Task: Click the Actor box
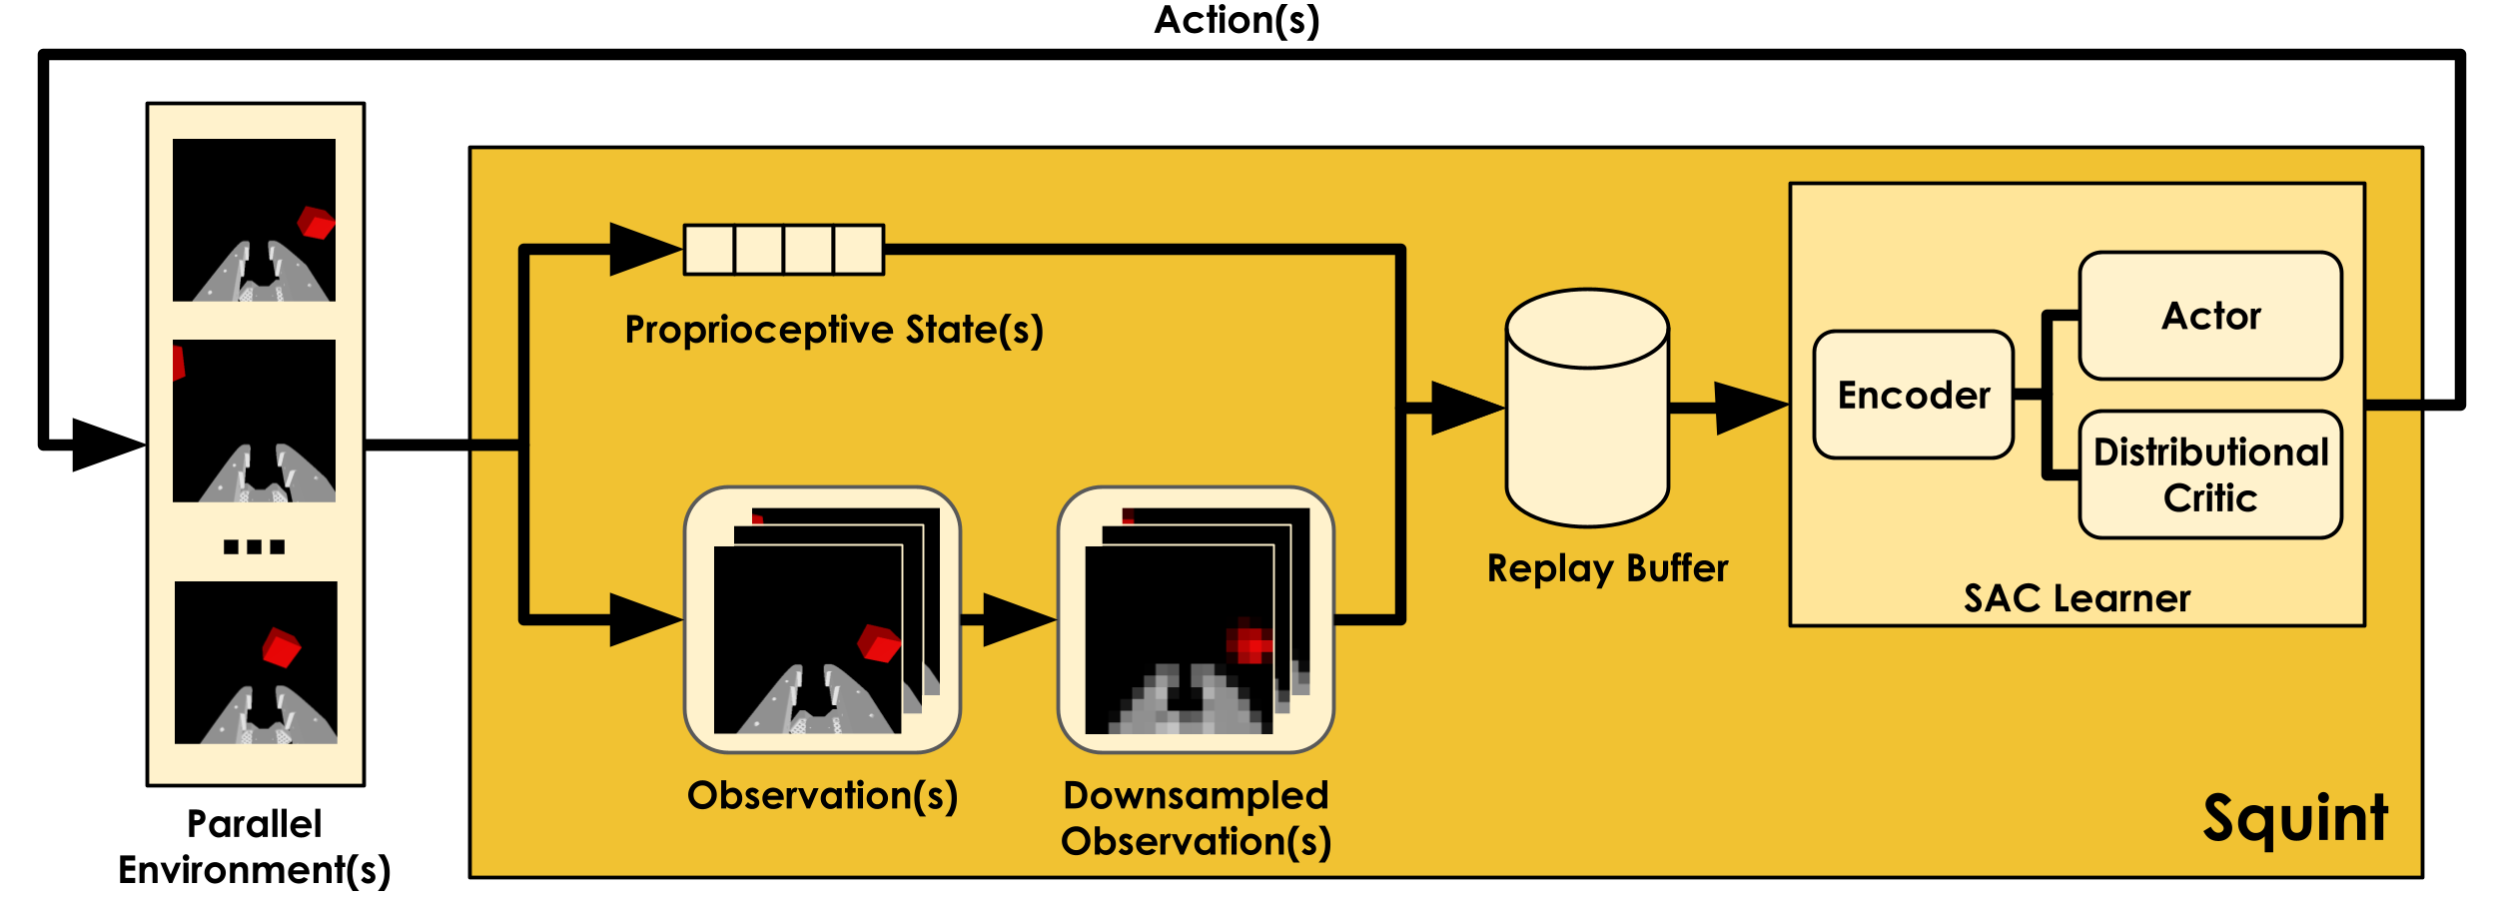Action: click(x=2209, y=316)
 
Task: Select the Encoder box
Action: click(x=1913, y=396)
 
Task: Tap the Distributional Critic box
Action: click(x=2209, y=474)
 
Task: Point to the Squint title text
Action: click(x=2295, y=818)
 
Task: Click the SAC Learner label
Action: click(x=2077, y=598)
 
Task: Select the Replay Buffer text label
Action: click(x=1607, y=568)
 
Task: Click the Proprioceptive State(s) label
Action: click(x=834, y=330)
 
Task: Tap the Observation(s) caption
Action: click(x=822, y=796)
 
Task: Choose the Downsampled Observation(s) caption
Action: click(x=1196, y=818)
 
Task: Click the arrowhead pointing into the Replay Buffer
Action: click(x=1466, y=408)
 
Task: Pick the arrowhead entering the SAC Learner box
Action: click(x=1750, y=408)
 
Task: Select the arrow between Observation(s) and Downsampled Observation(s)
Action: click(x=1017, y=620)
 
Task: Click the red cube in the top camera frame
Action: click(x=316, y=222)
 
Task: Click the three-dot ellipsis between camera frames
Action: click(x=254, y=546)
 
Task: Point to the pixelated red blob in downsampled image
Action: click(x=1248, y=641)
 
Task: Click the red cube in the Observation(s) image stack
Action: click(x=879, y=643)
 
